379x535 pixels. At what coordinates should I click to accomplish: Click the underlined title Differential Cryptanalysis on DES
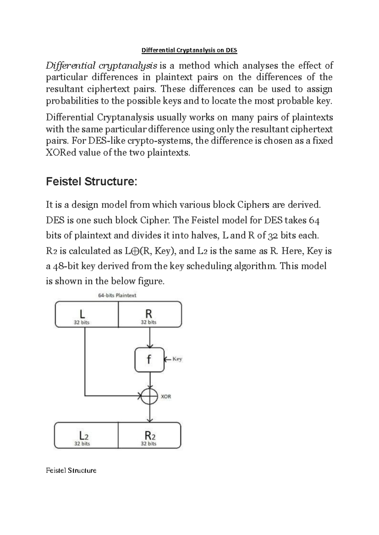pos(189,50)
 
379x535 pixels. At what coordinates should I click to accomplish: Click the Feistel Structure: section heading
pos(92,182)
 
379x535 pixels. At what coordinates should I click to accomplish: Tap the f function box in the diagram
pos(149,360)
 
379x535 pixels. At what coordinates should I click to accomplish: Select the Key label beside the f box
pos(177,359)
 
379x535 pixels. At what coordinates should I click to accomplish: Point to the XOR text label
pos(166,397)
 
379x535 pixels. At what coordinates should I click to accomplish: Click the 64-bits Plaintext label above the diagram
pos(117,295)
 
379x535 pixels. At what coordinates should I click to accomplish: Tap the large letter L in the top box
pos(82,314)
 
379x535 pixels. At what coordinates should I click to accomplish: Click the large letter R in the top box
pos(148,314)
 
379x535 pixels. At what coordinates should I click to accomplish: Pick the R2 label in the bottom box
pos(150,436)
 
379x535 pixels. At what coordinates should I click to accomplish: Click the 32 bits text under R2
pos(148,444)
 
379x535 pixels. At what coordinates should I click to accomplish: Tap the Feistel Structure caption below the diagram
pos(71,470)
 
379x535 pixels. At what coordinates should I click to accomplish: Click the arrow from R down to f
pos(150,338)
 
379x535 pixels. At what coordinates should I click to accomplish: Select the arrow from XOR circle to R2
pos(150,413)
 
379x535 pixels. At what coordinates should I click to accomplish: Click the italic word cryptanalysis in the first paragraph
pos(128,66)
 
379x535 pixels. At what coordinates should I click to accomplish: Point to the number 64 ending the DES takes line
pos(315,220)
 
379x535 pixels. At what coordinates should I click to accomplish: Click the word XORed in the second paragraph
pos(61,153)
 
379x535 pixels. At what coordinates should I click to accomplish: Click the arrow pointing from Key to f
pos(168,359)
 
